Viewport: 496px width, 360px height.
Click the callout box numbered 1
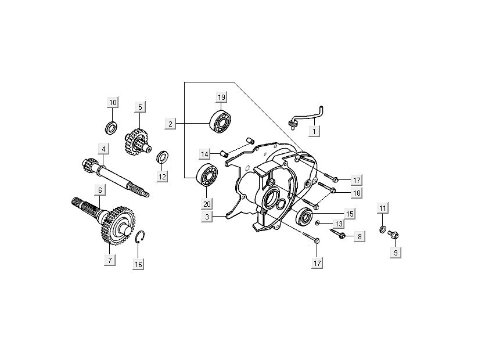pyautogui.click(x=314, y=132)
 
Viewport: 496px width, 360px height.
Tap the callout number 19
pyautogui.click(x=221, y=96)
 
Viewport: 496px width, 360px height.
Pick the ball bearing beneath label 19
pyautogui.click(x=221, y=120)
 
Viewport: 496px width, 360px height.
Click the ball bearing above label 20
pyautogui.click(x=207, y=175)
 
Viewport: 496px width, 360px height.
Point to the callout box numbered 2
pyautogui.click(x=170, y=124)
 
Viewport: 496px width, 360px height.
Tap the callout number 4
pyautogui.click(x=102, y=149)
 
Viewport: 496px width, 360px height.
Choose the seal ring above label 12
pyautogui.click(x=163, y=156)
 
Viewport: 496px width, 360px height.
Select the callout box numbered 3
pyautogui.click(x=206, y=217)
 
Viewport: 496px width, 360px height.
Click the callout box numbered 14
pyautogui.click(x=205, y=154)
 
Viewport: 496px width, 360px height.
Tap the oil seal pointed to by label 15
pyautogui.click(x=304, y=217)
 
